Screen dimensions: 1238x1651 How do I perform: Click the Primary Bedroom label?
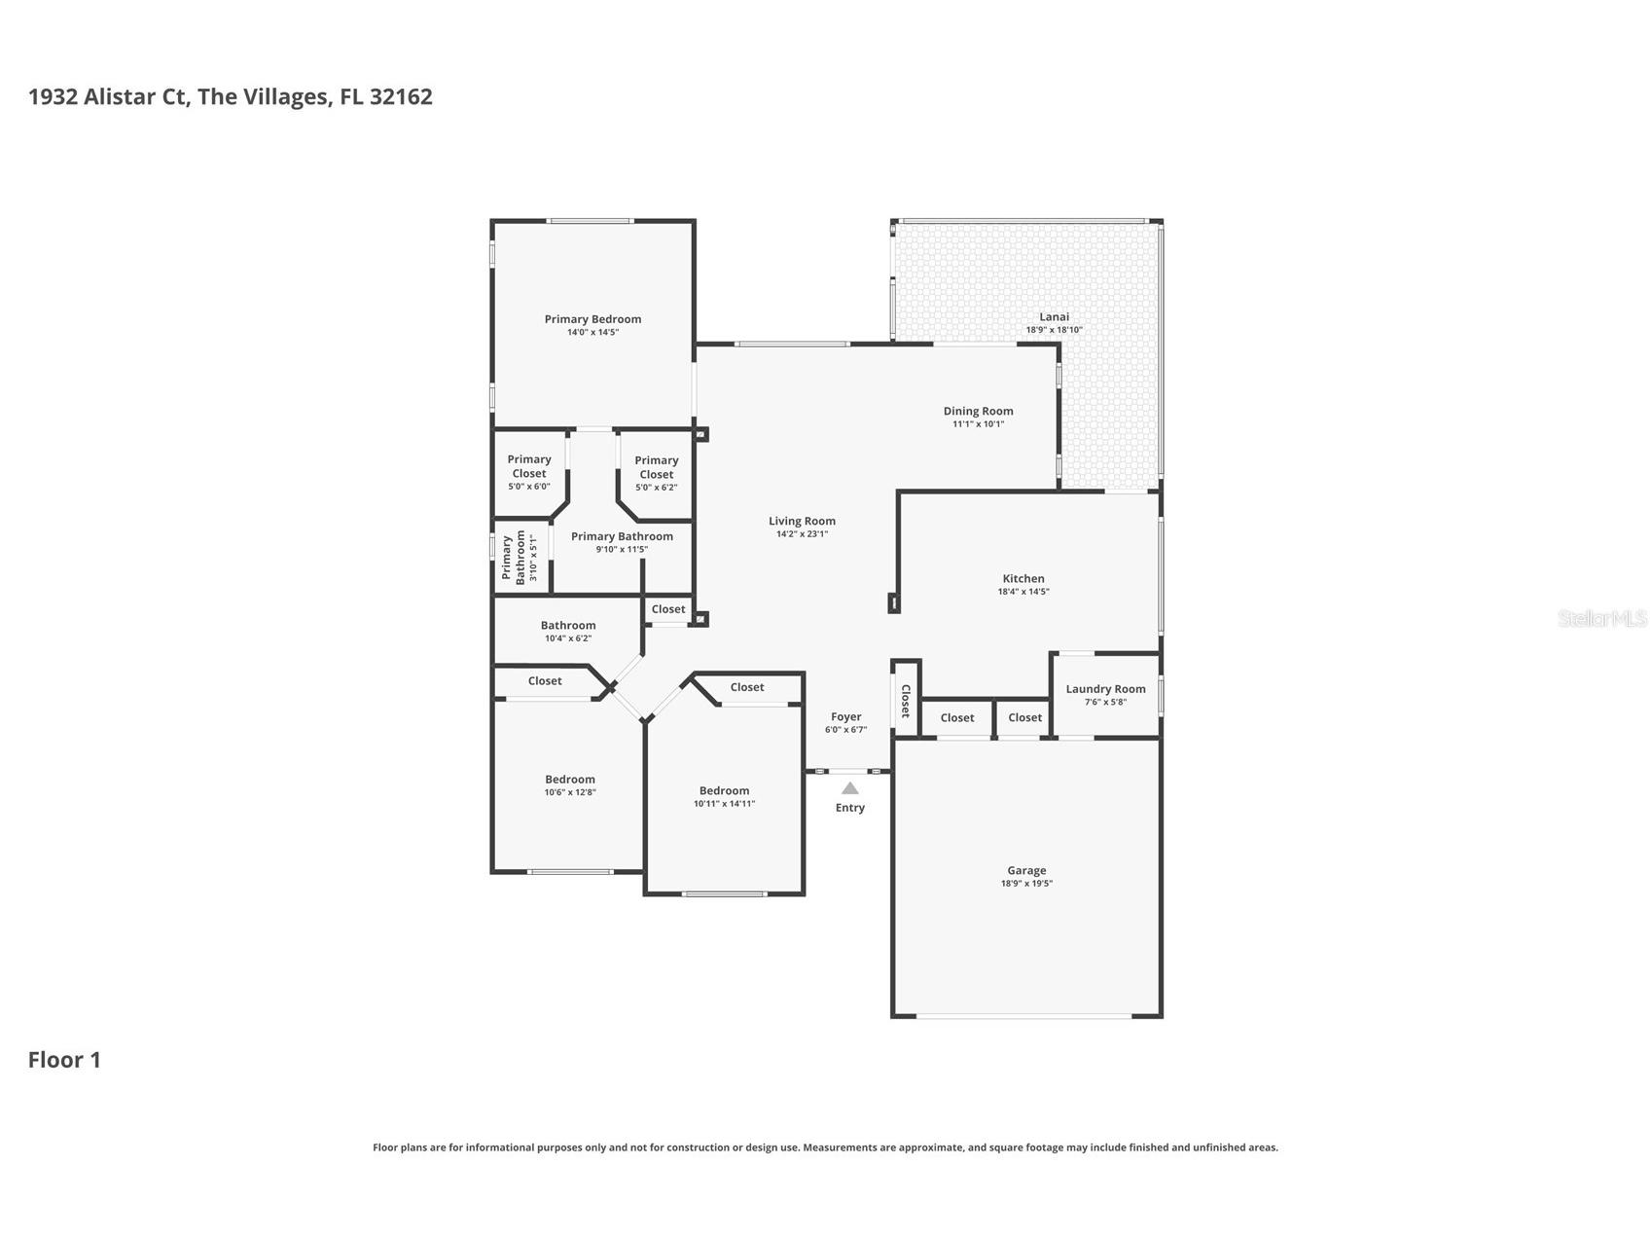coord(592,319)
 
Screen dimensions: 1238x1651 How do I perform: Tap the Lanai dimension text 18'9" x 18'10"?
coord(1054,330)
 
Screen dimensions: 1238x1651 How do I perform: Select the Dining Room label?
coord(978,411)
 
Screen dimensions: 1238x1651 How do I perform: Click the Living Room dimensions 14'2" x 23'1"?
coord(802,534)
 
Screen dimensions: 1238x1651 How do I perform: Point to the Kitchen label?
coord(1023,578)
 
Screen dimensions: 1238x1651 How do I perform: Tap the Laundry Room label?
coord(1105,689)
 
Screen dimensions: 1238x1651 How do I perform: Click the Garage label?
coord(1026,871)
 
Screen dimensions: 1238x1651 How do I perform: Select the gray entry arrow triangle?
coord(849,788)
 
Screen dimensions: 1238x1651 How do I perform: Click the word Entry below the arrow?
coord(849,808)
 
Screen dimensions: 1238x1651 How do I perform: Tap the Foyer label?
coord(845,717)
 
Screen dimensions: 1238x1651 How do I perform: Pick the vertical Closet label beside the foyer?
coord(905,701)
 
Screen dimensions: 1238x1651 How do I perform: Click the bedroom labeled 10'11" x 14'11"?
coord(724,791)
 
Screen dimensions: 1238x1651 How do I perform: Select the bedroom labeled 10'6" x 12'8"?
coord(569,780)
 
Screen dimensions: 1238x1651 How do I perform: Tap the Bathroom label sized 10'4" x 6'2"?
coord(568,626)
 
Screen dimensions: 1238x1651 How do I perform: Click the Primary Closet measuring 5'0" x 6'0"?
coord(529,466)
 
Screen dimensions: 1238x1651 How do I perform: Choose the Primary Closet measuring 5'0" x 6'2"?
coord(657,467)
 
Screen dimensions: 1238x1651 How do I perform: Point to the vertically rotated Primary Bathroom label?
coord(513,558)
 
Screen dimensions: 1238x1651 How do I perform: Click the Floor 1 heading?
coord(64,1060)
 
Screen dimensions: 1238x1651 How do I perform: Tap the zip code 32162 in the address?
coord(401,96)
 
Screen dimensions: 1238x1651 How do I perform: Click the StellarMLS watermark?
coord(1601,618)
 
